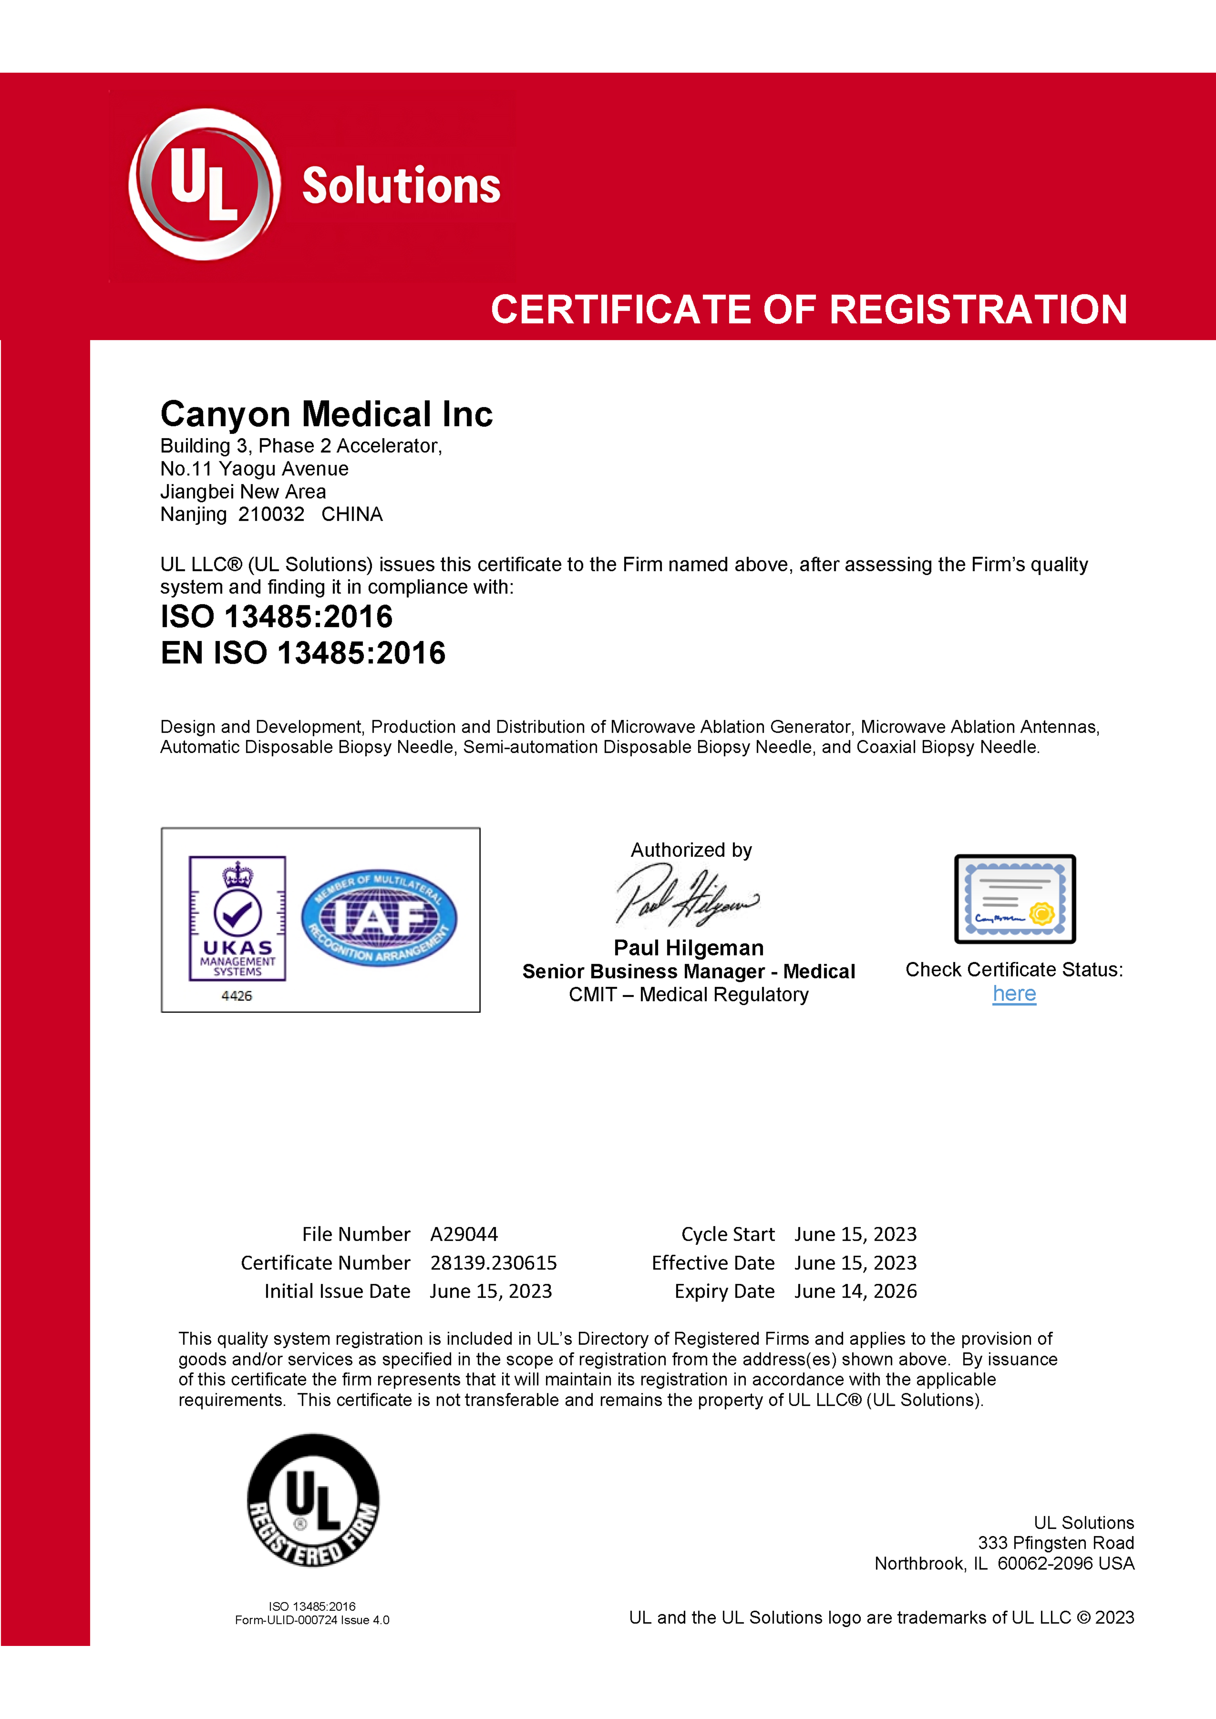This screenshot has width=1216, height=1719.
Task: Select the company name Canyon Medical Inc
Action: pyautogui.click(x=326, y=414)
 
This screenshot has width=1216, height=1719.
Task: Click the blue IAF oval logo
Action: pyautogui.click(x=379, y=918)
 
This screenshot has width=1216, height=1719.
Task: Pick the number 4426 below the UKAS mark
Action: pyautogui.click(x=237, y=996)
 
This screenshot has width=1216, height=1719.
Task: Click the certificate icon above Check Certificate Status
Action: pyautogui.click(x=1014, y=899)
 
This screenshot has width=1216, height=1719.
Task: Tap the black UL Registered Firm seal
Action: pyautogui.click(x=313, y=1501)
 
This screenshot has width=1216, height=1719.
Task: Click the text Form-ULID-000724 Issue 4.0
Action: pyautogui.click(x=312, y=1620)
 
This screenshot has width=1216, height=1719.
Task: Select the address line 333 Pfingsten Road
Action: pyautogui.click(x=1056, y=1543)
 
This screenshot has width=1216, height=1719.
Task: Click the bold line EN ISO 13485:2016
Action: pyautogui.click(x=303, y=653)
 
